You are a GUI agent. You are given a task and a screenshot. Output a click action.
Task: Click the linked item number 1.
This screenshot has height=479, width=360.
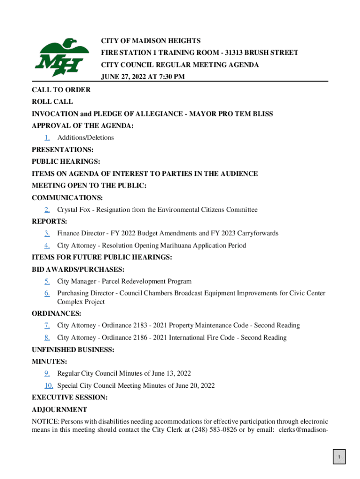point(47,138)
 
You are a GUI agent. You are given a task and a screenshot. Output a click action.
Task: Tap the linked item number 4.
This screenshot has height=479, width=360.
point(47,246)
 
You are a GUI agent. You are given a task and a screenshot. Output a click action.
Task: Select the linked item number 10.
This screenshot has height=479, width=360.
point(49,386)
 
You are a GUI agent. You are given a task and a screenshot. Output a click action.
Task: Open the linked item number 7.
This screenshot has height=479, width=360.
point(47,326)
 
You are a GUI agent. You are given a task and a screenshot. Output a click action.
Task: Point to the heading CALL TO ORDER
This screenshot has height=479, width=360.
point(61,90)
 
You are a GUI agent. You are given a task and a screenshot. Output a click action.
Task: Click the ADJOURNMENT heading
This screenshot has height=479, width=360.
point(59,410)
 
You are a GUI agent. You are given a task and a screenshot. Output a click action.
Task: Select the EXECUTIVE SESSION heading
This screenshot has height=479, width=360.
point(69,398)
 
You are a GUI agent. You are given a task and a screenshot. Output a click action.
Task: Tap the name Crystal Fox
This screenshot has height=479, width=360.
point(73,210)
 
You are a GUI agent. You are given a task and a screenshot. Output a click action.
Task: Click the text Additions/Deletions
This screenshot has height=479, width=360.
point(86,138)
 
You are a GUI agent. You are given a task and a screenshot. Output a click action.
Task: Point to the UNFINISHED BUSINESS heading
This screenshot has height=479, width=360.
point(73,349)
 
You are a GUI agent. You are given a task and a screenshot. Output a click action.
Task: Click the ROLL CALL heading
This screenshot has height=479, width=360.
point(52,102)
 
